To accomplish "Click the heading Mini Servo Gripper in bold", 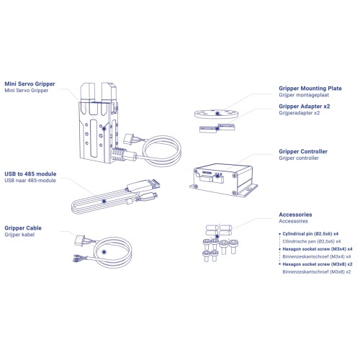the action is [x=30, y=84].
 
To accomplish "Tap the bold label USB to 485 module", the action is [x=30, y=174].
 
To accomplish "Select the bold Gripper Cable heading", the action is [x=23, y=228].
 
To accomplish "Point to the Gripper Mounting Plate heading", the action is [x=310, y=89].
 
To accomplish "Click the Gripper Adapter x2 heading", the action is [x=305, y=107].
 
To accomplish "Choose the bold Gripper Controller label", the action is [x=303, y=151].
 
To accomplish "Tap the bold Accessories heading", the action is [x=295, y=215].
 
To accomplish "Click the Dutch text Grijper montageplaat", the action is [x=304, y=95].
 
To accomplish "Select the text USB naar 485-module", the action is [x=30, y=181].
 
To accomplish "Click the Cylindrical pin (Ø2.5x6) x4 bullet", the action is [x=310, y=234].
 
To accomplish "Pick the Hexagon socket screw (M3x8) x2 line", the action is [x=318, y=264].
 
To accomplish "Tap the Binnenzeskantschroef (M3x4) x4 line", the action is [x=317, y=256].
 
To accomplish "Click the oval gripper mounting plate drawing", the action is [x=216, y=114].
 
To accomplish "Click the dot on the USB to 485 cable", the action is [x=104, y=201].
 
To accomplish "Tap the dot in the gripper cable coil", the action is [x=104, y=252].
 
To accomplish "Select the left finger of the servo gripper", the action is [x=88, y=99].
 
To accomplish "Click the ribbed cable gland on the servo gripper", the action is [x=118, y=154].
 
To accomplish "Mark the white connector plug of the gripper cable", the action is [x=80, y=240].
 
